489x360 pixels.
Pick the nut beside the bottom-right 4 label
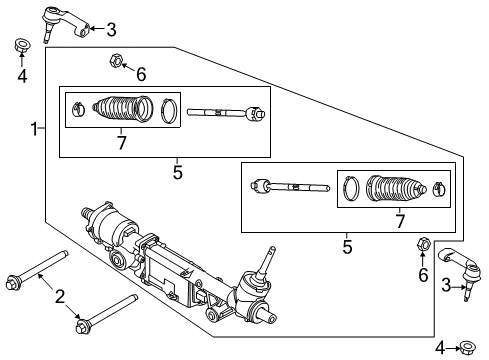tap(465, 347)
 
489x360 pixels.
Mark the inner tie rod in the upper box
tap(227, 112)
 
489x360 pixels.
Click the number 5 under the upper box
tap(177, 172)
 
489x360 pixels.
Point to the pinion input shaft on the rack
tap(270, 263)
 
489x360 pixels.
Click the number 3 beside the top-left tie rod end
tap(111, 29)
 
